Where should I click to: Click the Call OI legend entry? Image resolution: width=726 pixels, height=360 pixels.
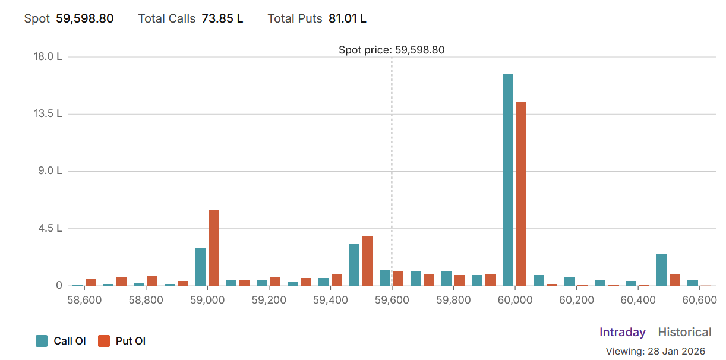tap(61, 341)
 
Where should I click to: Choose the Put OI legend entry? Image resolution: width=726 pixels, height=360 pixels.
tap(122, 341)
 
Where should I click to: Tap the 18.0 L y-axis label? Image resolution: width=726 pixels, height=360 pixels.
tap(48, 56)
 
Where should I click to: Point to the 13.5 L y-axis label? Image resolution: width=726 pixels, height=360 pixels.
tap(48, 113)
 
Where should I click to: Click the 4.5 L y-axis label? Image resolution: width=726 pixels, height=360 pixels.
tap(50, 228)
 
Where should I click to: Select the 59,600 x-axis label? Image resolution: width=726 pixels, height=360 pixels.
tap(392, 300)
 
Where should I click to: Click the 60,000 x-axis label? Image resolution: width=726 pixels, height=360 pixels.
tap(514, 300)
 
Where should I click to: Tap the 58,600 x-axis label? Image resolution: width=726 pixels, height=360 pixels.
tap(84, 300)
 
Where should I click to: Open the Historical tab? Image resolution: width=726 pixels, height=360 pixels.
tap(684, 332)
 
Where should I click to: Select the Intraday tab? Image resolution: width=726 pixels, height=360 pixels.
tap(622, 332)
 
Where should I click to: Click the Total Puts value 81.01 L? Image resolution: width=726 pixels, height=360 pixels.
tap(348, 18)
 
